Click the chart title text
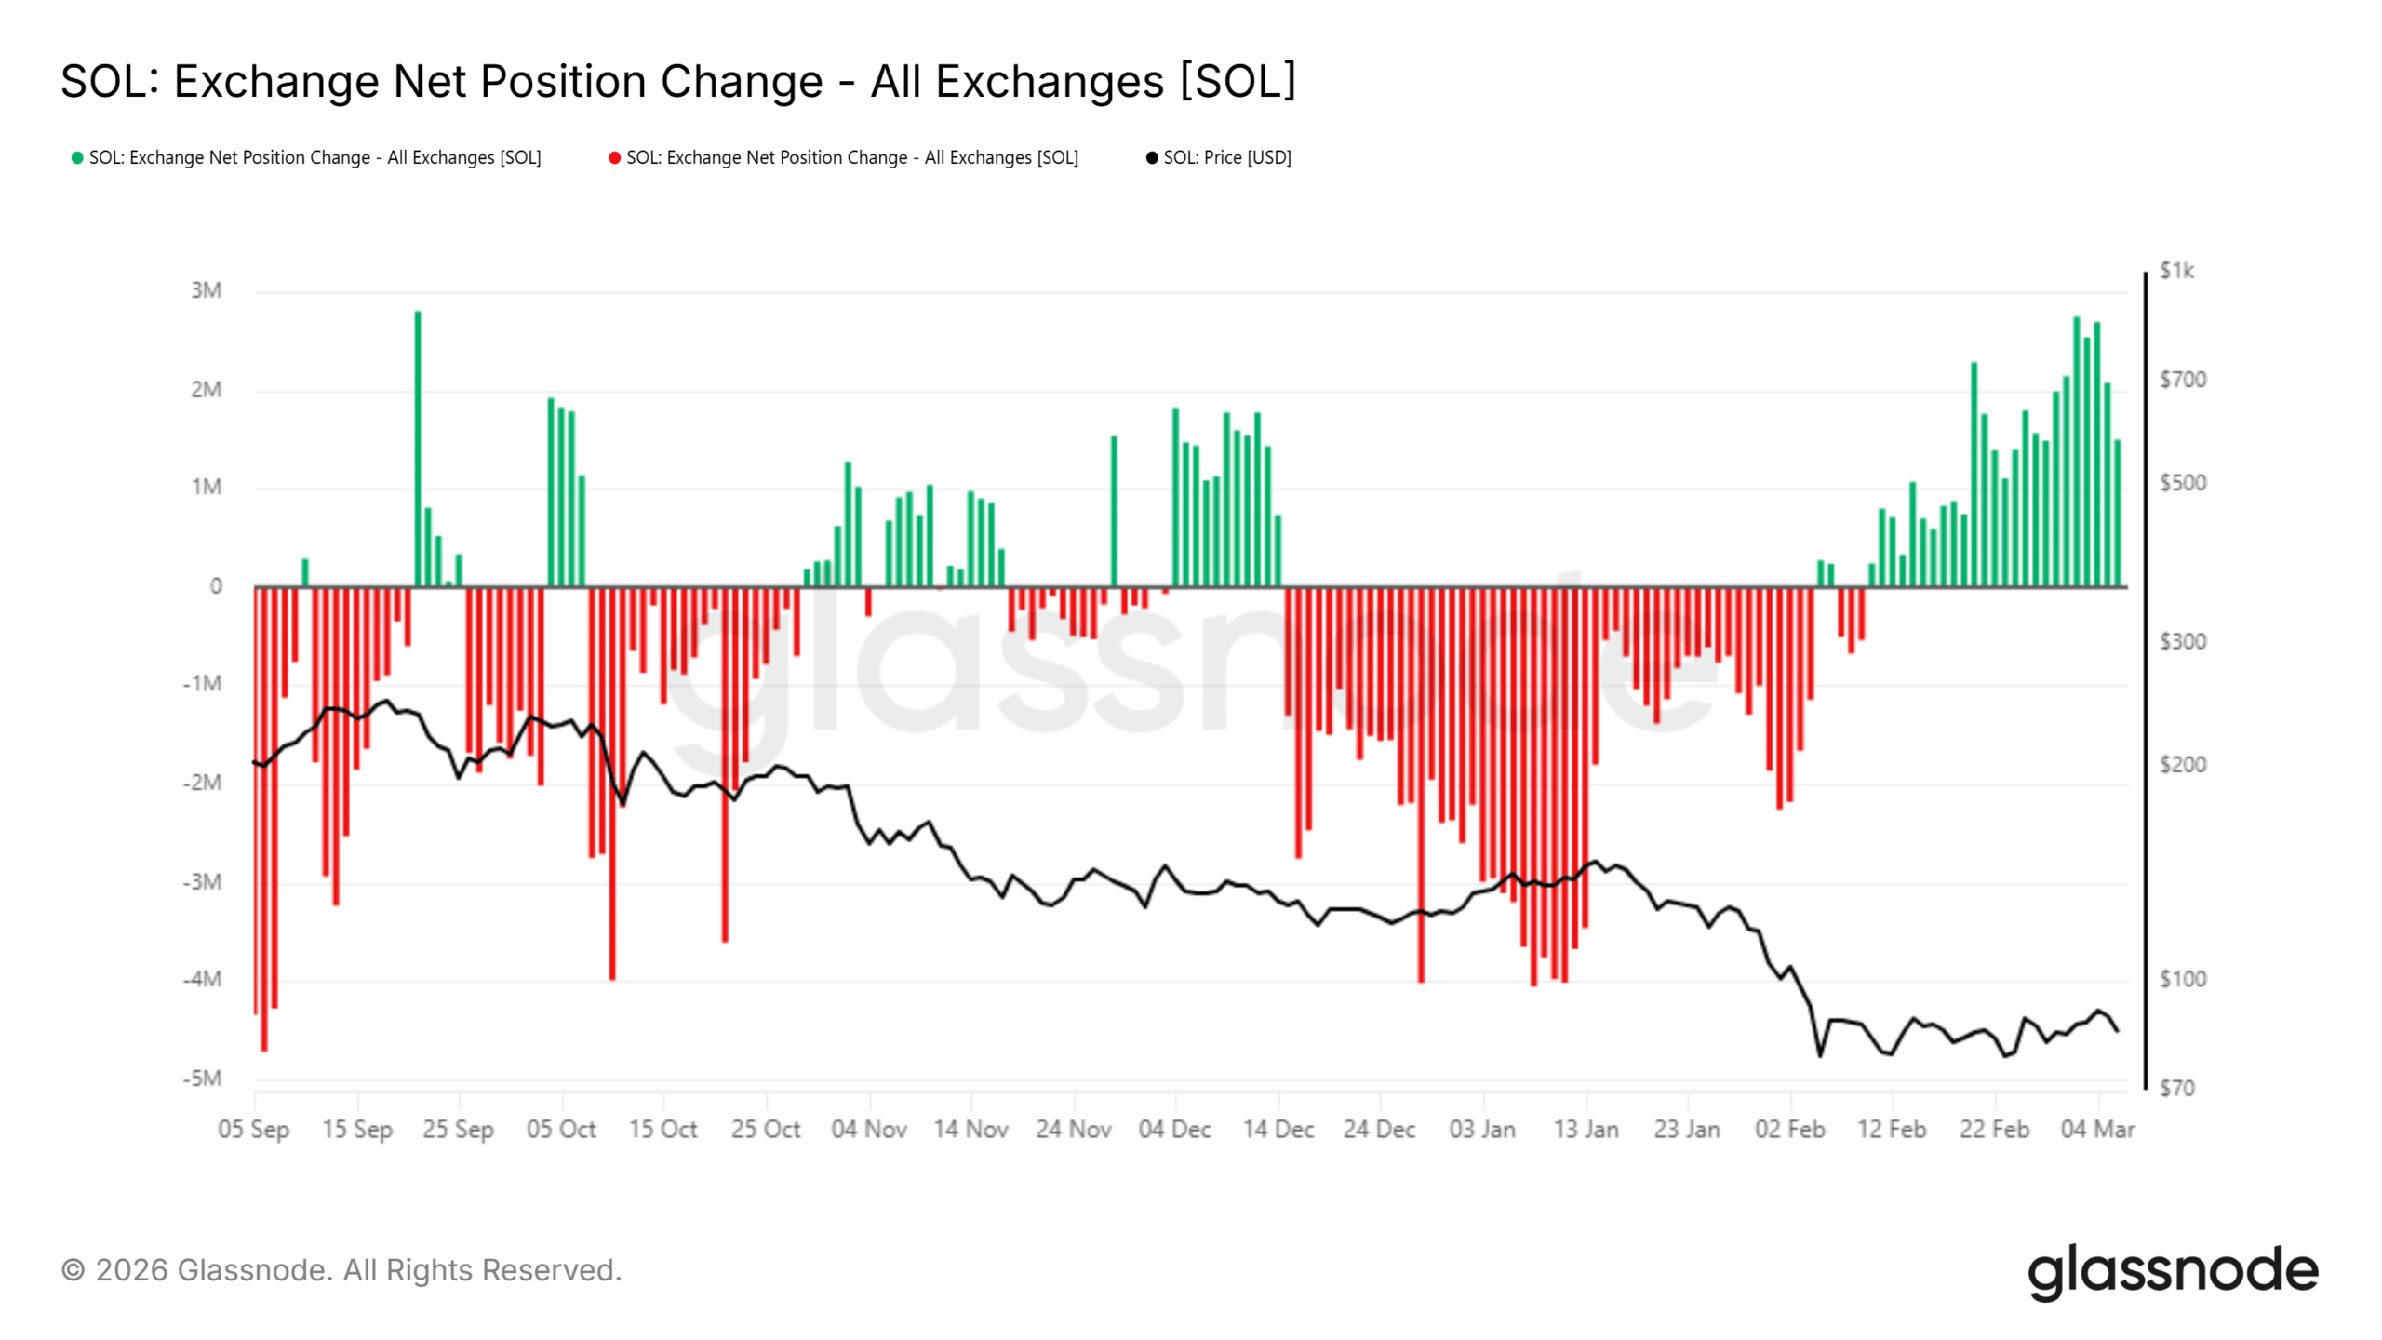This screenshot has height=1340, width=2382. [677, 82]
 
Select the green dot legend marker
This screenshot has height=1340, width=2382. [77, 158]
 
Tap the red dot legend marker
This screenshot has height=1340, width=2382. [614, 158]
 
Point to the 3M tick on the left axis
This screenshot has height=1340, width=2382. [206, 290]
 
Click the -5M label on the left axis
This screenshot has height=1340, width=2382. [203, 1079]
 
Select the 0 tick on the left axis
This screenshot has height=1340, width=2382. [216, 586]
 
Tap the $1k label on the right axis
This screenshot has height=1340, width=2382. [2176, 271]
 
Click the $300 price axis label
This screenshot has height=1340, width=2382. [2182, 641]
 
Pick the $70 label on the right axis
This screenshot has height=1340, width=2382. [2176, 1088]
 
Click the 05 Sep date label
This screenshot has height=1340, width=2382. [253, 1129]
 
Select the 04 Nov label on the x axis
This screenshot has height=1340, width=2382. [868, 1129]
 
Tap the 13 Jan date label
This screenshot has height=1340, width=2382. [1586, 1129]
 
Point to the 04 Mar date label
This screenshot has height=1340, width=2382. [2096, 1129]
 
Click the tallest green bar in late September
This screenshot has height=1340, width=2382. [418, 447]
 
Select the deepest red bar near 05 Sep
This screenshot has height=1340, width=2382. [264, 819]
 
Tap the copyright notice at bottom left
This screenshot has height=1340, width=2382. [341, 1270]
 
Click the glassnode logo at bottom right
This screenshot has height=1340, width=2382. [2173, 1271]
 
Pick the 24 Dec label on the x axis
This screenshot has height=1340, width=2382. [1379, 1129]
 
